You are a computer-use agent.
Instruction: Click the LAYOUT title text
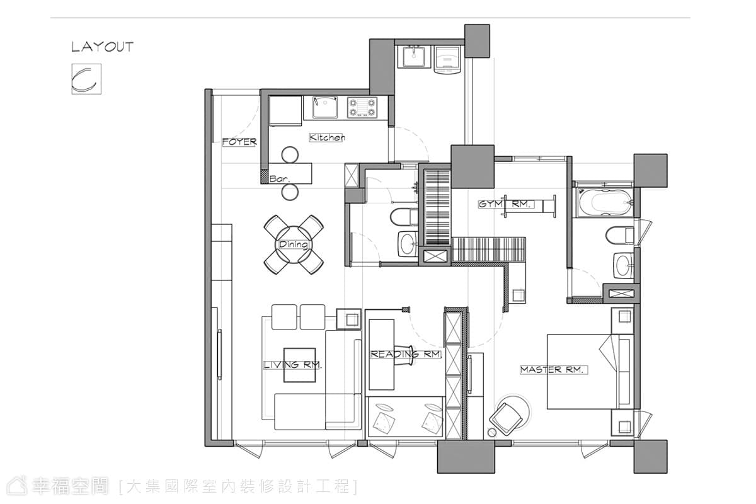tap(103, 47)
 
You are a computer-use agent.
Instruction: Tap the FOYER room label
tap(239, 142)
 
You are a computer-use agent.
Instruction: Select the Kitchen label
tap(327, 137)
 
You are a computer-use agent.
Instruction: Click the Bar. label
tap(280, 178)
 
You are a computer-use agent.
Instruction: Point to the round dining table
tap(294, 244)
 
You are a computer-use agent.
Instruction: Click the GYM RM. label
tap(507, 204)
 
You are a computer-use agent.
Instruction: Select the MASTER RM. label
tap(554, 370)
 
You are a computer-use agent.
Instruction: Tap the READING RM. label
tap(406, 354)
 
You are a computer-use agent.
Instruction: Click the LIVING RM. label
tap(292, 365)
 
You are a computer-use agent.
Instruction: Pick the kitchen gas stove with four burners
tap(362, 107)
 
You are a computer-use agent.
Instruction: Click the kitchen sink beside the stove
tap(324, 107)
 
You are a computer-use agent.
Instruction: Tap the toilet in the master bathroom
tap(620, 235)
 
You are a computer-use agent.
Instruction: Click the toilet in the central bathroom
tap(404, 217)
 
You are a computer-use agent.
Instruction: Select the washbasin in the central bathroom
tap(408, 244)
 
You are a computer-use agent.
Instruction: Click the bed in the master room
tap(590, 372)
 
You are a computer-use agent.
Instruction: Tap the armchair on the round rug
tap(506, 419)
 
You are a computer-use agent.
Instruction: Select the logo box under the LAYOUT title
tap(86, 79)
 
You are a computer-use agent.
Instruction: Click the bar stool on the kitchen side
tap(290, 155)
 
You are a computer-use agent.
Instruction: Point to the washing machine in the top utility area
tap(447, 60)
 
